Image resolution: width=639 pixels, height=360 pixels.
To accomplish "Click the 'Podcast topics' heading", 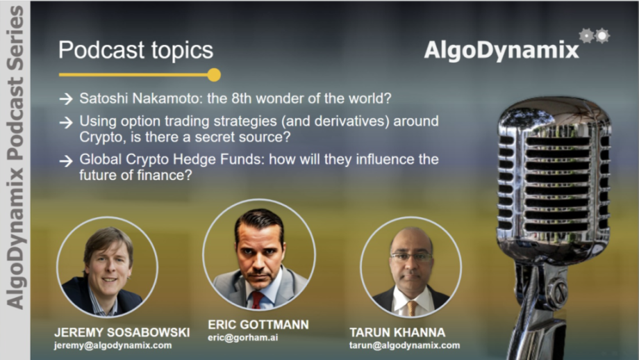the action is [135, 51].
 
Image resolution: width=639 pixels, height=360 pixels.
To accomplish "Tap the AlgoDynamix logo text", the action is [501, 51].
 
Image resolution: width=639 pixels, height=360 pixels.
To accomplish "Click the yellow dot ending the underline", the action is [214, 75].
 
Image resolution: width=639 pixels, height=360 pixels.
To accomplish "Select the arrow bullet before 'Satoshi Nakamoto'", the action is [66, 99].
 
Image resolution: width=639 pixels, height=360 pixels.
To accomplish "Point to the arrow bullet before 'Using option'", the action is [66, 122].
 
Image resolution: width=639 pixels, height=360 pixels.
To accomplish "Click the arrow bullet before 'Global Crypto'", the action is [66, 161].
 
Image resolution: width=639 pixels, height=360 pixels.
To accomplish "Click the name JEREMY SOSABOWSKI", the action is [122, 332].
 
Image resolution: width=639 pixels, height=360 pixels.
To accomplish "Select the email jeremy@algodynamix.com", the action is [113, 345].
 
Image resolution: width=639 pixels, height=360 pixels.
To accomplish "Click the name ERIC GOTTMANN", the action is [258, 325].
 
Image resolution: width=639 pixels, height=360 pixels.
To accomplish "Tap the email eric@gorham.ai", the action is [243, 338].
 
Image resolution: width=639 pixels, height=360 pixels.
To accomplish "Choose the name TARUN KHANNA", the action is [397, 332].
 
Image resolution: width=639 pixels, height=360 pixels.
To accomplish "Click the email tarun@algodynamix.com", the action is [404, 345].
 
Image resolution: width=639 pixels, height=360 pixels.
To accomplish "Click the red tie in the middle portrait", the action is [258, 300].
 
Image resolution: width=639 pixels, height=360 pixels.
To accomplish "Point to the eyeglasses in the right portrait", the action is [411, 257].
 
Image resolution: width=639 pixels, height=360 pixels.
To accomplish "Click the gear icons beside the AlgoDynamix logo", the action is [595, 36].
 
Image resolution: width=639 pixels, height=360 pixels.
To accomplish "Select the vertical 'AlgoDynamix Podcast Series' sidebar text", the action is [15, 157].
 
